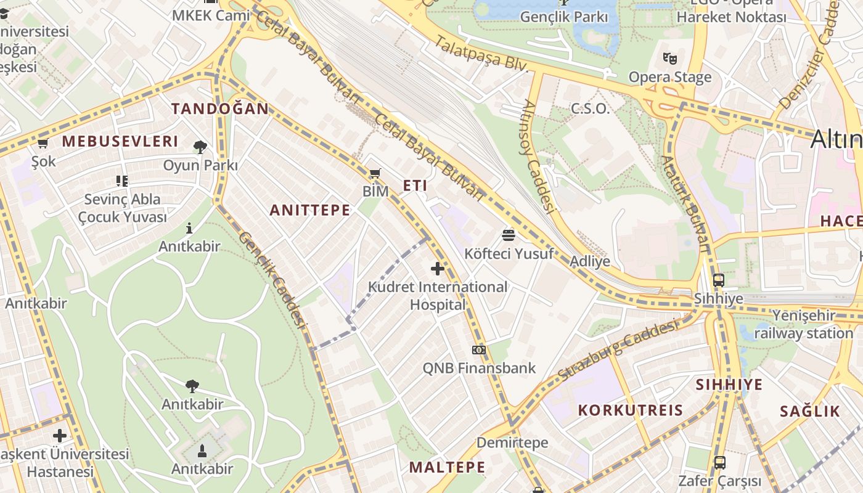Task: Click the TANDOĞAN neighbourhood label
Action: coord(220,109)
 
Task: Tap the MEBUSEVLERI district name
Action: coord(120,141)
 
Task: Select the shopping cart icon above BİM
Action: coord(375,173)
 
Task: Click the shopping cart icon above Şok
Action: coord(43,144)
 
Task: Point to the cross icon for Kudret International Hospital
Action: coord(438,269)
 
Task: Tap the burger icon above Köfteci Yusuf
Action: coord(509,235)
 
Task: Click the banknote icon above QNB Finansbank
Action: coord(479,350)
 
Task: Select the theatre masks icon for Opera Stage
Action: coord(670,59)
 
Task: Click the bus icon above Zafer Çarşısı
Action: coord(719,462)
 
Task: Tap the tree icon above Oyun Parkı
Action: coord(200,147)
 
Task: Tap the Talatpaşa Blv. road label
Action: coord(481,54)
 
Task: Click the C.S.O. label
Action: coord(590,109)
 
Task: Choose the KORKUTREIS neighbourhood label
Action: coord(631,410)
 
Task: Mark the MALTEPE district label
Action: coord(447,467)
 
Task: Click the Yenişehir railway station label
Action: coord(803,324)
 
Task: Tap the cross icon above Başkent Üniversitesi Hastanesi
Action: coord(60,436)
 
